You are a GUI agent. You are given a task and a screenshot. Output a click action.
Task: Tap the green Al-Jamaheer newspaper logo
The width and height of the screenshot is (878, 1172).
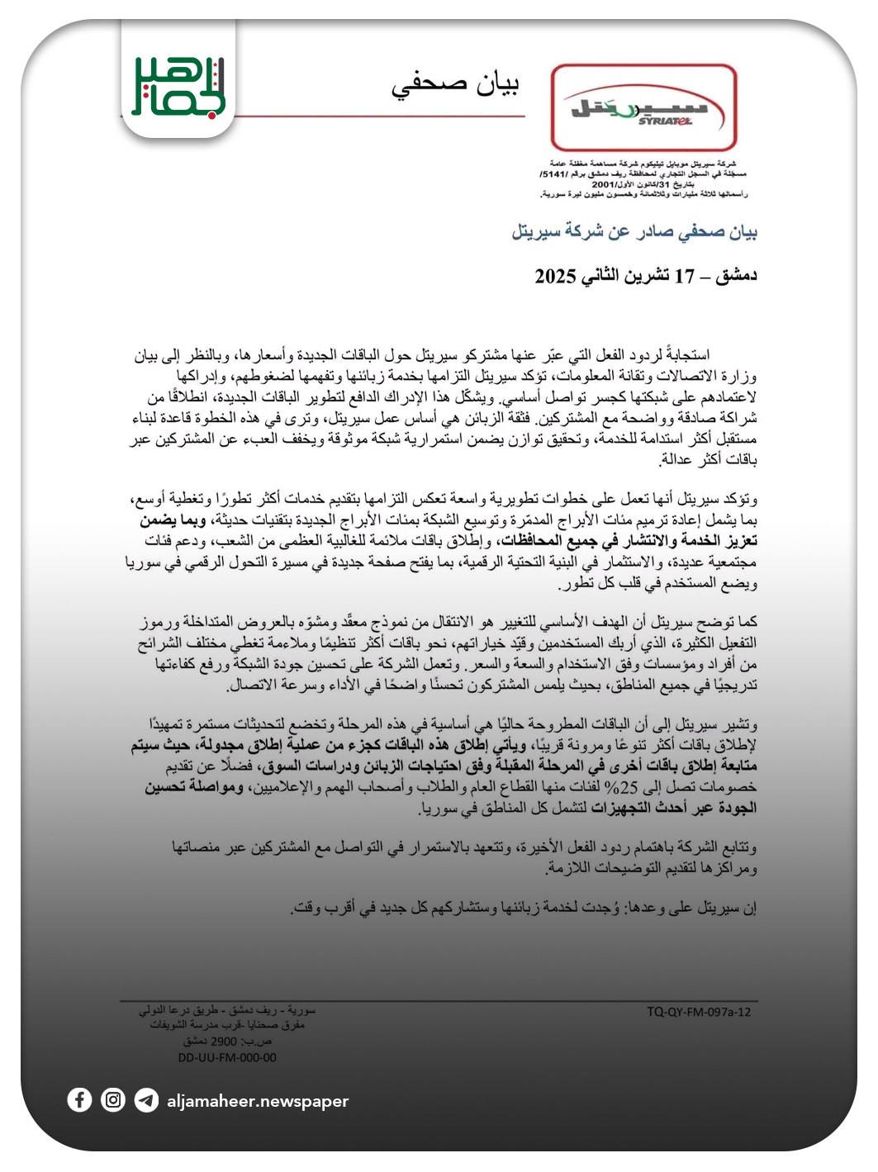(178, 85)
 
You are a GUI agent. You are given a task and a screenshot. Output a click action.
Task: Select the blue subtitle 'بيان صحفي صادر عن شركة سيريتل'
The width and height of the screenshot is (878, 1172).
(634, 232)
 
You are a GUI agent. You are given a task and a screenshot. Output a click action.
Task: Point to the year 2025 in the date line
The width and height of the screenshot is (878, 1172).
(555, 276)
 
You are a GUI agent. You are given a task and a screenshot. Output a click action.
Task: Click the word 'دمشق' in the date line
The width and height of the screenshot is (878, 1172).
(734, 276)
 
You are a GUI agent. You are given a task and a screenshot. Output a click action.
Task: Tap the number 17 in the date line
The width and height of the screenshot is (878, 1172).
(686, 276)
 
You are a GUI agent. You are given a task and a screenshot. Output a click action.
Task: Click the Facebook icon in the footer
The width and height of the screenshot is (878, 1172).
(79, 1100)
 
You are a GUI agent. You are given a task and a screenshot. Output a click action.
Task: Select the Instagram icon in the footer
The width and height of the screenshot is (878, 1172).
(113, 1100)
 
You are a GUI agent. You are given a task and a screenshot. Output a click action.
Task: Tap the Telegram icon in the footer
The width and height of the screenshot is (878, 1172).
(146, 1100)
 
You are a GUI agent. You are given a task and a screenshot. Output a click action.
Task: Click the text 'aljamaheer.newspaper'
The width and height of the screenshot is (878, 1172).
(258, 1101)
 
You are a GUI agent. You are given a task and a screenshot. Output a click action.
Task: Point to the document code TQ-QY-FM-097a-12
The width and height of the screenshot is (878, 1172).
(699, 1011)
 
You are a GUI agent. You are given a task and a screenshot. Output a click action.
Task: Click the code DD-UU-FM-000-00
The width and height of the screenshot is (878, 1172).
(227, 1057)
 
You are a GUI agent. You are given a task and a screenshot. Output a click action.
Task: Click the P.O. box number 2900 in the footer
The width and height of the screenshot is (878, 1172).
(224, 1042)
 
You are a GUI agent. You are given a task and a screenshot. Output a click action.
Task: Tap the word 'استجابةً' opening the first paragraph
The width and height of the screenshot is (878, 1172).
(733, 356)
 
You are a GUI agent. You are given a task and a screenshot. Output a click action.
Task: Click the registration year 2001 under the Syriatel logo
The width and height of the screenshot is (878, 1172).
(605, 184)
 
